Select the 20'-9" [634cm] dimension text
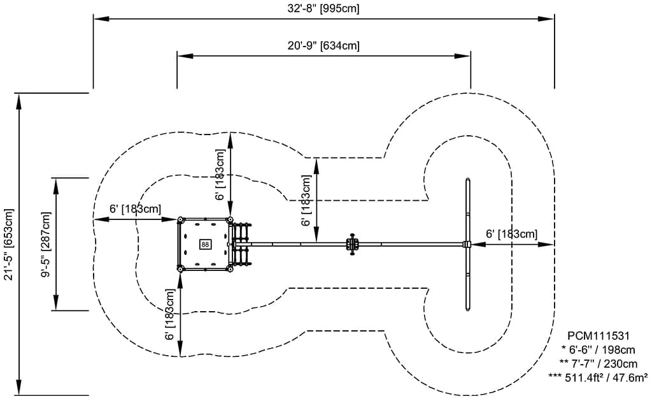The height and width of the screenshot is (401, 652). click(x=323, y=45)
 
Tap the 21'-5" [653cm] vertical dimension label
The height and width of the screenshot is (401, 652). click(x=8, y=244)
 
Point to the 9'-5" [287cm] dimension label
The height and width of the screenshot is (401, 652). click(x=46, y=244)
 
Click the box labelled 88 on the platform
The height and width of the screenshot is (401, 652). click(x=205, y=244)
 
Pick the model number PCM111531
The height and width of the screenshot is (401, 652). click(x=599, y=336)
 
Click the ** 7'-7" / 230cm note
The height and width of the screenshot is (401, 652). click(x=599, y=363)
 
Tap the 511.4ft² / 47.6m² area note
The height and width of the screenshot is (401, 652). click(x=599, y=377)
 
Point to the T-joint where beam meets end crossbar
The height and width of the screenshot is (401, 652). click(x=467, y=244)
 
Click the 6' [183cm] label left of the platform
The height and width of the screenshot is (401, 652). click(x=135, y=209)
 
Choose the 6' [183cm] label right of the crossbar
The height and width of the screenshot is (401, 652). click(x=511, y=234)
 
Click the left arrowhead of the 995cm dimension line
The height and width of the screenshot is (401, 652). click(x=97, y=19)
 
